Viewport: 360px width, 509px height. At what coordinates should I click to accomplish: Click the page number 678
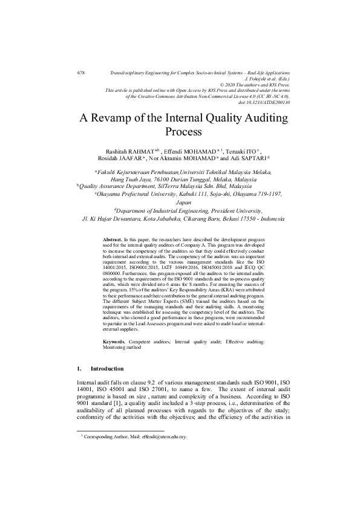(81, 73)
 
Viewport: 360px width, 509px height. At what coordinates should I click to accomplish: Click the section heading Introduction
(106, 368)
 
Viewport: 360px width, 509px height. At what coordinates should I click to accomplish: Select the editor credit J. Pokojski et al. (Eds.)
(267, 79)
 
